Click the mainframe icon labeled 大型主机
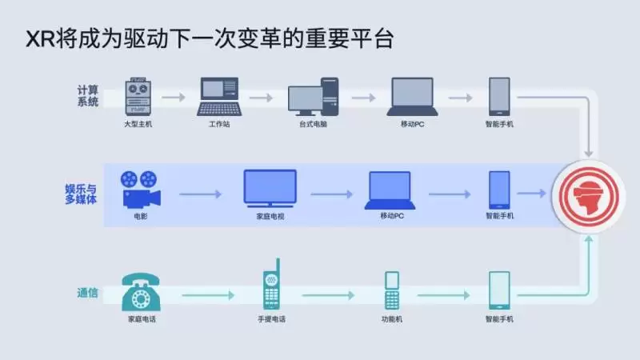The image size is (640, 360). coord(139,98)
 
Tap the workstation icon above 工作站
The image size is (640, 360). coord(218,98)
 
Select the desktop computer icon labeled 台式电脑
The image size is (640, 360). coord(314,98)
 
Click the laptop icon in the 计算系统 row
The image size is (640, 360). coord(413,98)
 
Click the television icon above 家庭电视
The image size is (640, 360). coord(270,189)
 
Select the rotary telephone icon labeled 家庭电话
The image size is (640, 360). coord(141,292)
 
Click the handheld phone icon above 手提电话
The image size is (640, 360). coord(271,286)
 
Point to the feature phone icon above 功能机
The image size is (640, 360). coord(391,290)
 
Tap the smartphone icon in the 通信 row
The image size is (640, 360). coord(499,290)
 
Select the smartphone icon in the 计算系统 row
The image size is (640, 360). coord(499,97)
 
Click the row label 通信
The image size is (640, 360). coord(88,294)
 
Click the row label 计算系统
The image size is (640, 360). coord(87,96)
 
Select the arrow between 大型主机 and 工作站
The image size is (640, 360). coord(174,98)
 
